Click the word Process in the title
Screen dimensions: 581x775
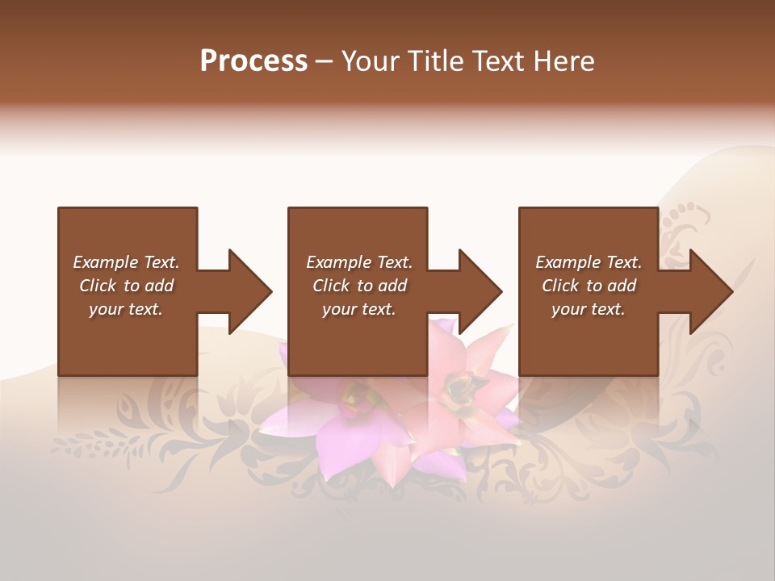253,61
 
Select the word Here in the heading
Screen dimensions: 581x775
564,61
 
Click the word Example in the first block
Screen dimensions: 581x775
105,262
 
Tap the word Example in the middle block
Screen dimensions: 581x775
338,262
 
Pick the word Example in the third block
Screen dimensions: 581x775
568,262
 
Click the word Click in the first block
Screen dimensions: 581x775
97,286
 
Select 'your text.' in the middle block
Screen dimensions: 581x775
358,309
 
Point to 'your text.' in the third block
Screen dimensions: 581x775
588,309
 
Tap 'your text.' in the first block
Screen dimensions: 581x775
125,309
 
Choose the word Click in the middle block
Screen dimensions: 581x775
330,286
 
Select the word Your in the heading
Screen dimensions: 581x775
370,61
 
